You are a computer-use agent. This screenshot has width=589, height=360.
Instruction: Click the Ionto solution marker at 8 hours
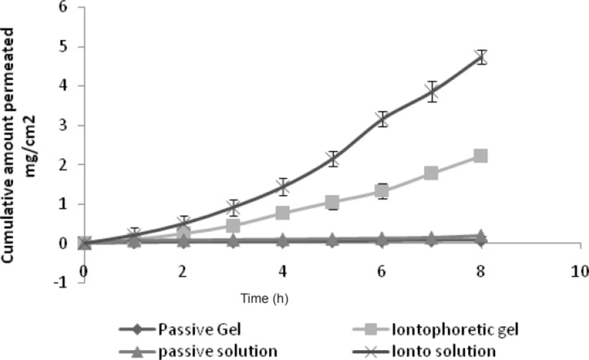point(481,57)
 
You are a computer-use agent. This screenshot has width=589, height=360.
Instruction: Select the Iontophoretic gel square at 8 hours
point(481,156)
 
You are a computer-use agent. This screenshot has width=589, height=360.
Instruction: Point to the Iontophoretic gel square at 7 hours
point(431,173)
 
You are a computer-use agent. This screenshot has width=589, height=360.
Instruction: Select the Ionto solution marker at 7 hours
point(432,92)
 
